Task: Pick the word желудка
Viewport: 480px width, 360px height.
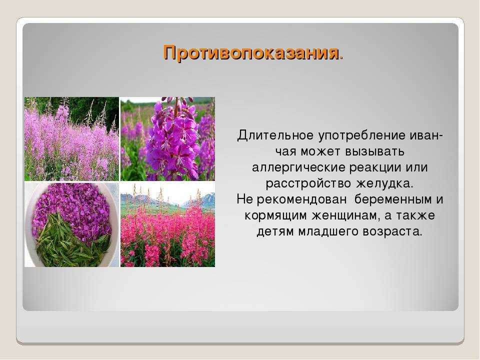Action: [384, 183]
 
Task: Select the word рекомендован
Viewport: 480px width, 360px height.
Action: [301, 200]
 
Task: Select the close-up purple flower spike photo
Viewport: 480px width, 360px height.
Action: [168, 139]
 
